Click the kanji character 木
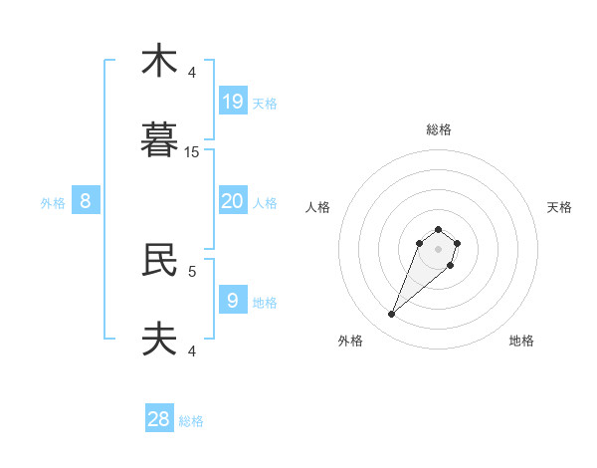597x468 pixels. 159,61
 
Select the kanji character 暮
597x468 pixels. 159,139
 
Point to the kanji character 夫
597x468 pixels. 159,340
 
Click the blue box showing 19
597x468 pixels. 233,101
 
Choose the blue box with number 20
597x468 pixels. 233,201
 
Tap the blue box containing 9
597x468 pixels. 233,300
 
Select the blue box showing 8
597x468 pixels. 86,201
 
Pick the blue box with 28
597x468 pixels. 159,419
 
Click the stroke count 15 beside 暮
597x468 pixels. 192,152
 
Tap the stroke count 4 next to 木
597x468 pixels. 192,73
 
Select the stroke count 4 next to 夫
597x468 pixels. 192,351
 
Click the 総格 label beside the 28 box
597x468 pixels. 191,421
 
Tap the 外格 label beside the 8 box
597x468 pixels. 53,203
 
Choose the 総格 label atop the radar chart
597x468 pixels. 439,129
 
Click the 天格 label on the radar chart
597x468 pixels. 559,207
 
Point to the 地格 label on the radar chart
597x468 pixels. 521,342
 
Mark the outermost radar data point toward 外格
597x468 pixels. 392,315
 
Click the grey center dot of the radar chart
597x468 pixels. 439,249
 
